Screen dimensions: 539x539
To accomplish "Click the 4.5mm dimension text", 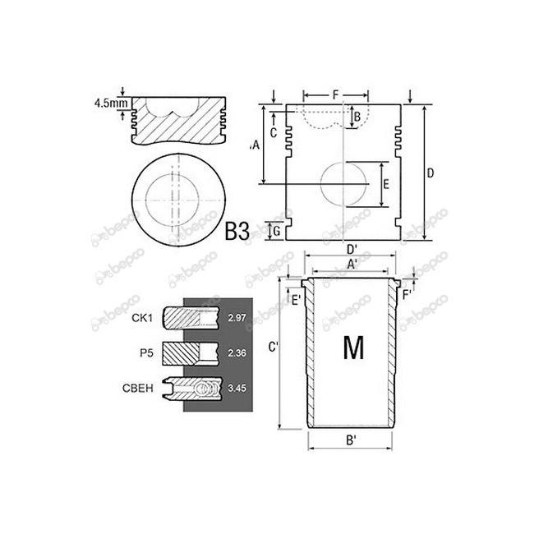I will pos(109,104).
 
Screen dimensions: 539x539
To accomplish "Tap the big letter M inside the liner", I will pos(352,348).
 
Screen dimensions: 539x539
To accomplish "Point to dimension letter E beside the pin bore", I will pos(386,184).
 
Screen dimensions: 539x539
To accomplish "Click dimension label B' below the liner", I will pos(351,440).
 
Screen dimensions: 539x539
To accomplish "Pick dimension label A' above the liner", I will pos(351,264).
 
